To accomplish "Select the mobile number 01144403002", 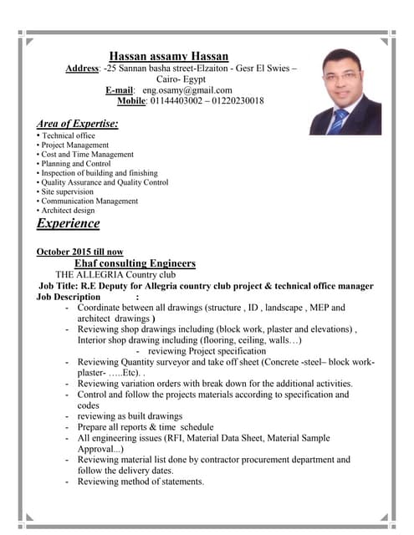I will click(185, 100).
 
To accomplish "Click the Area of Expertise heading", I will click(77, 124).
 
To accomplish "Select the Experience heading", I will click(68, 223).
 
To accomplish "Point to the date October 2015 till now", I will click(79, 252).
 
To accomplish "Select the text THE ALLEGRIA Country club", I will click(115, 274).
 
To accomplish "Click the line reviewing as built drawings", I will click(130, 415).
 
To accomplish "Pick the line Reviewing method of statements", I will click(141, 481).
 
